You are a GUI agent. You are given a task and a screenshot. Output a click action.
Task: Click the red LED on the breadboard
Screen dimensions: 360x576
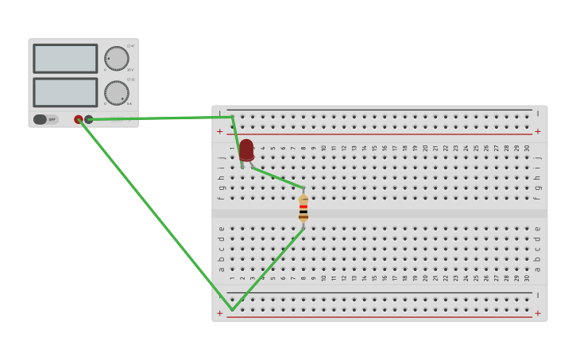coord(246,149)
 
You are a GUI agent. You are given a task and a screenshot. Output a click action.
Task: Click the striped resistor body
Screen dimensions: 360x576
coord(303,208)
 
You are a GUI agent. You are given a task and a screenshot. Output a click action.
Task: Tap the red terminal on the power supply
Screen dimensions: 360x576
coord(79,119)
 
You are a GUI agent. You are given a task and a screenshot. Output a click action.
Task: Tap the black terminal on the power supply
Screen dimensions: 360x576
coord(89,119)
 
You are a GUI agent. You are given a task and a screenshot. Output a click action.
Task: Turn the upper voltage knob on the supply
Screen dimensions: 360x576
coord(117,58)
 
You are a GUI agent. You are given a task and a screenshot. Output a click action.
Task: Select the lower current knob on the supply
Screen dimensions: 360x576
coord(117,92)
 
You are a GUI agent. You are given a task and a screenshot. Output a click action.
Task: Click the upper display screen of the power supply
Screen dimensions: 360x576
coord(65,58)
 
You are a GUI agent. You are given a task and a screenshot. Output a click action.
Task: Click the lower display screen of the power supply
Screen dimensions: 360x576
coord(65,92)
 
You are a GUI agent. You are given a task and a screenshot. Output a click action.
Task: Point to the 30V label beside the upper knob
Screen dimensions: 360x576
coord(130,70)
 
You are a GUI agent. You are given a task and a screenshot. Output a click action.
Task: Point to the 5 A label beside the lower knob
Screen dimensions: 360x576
coord(130,104)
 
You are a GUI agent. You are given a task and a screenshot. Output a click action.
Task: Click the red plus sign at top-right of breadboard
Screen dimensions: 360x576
coord(538,131)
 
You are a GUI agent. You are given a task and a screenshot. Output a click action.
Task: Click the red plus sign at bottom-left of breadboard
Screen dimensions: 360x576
coord(220,313)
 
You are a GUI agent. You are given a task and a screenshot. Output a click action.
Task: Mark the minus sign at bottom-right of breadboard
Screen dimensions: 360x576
coord(538,295)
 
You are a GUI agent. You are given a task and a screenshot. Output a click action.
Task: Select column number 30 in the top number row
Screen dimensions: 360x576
coord(527,148)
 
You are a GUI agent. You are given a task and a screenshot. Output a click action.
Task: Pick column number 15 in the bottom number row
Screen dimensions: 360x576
coord(374,278)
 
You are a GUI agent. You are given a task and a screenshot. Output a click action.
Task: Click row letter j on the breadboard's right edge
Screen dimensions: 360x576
coord(538,157)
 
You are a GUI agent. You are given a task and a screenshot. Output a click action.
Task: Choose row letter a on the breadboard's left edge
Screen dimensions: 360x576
coord(222,269)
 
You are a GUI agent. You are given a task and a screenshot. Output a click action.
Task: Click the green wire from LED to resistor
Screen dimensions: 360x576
coord(276,177)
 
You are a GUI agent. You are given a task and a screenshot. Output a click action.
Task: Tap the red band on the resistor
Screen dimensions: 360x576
coord(303,207)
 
